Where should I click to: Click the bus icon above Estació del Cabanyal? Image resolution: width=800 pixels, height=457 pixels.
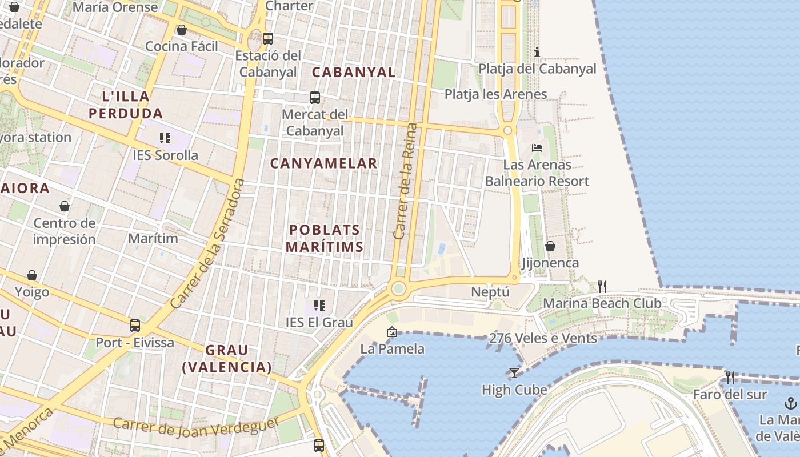(x=267, y=39)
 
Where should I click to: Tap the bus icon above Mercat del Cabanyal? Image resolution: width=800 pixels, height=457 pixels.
(x=315, y=98)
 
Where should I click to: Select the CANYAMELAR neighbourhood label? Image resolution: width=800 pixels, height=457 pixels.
(x=323, y=163)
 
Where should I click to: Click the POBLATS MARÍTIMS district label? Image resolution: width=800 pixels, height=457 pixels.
(x=325, y=238)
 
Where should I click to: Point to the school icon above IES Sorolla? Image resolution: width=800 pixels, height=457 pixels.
(x=165, y=138)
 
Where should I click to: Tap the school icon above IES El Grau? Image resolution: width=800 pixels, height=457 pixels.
(x=319, y=306)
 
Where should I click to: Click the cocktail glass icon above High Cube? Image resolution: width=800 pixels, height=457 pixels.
(x=514, y=373)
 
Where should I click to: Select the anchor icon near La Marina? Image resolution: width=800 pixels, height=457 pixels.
(x=790, y=403)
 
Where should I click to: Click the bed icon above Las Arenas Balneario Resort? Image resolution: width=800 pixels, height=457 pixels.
(x=537, y=148)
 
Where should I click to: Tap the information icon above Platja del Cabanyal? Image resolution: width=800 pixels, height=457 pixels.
(x=537, y=53)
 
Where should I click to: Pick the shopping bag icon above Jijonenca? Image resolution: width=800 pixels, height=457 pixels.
(x=550, y=246)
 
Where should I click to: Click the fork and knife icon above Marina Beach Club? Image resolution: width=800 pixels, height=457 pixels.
(x=602, y=286)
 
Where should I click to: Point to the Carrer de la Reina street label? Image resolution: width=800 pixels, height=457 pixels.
(x=406, y=181)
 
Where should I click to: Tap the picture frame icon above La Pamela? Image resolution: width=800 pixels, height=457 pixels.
(x=392, y=332)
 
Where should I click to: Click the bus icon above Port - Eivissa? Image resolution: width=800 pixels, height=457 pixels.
(x=135, y=326)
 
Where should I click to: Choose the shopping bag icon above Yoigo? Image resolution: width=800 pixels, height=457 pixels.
(x=32, y=276)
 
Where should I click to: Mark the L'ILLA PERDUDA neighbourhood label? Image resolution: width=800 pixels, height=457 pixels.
(x=126, y=105)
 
